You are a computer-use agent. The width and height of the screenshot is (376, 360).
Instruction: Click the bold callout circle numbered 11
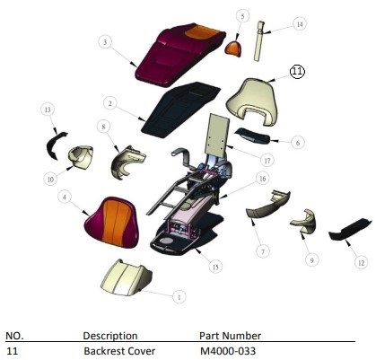(x=297, y=72)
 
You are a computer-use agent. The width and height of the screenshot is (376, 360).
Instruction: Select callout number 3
(x=105, y=42)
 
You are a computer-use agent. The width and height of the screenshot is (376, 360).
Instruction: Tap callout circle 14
(x=300, y=24)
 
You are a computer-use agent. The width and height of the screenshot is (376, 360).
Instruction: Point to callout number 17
(x=267, y=161)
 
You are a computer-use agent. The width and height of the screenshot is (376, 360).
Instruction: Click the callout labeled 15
(x=215, y=267)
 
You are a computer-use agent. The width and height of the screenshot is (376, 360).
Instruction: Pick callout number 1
(x=179, y=297)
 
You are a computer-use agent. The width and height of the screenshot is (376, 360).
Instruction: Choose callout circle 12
(x=361, y=263)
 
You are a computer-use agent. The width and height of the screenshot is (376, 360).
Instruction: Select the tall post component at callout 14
(x=259, y=40)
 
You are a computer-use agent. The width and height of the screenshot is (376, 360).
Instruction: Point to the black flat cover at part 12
(x=350, y=230)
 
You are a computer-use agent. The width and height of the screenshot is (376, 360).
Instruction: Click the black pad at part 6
(x=253, y=136)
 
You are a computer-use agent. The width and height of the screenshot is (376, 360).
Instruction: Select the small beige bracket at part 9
(x=303, y=222)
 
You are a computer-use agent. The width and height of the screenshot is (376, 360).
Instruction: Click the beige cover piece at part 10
(x=80, y=156)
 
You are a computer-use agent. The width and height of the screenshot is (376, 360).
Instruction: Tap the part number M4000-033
(x=228, y=351)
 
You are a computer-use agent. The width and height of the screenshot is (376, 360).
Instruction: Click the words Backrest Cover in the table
(x=119, y=351)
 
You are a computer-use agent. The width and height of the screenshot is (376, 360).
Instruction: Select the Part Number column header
(x=231, y=336)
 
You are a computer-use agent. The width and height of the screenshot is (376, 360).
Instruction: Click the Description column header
(x=110, y=336)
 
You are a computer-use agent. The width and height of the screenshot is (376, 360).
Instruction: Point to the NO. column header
(x=14, y=336)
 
